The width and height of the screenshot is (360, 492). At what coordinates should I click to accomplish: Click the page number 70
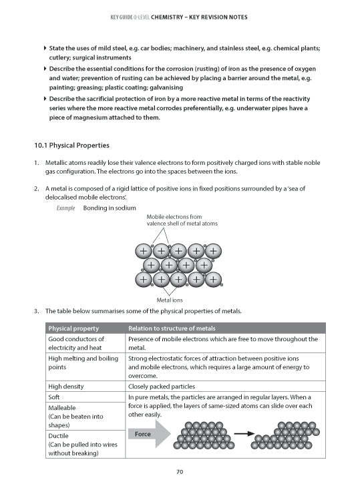pyautogui.click(x=180, y=472)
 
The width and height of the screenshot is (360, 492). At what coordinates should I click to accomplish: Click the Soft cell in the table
pyautogui.click(x=56, y=397)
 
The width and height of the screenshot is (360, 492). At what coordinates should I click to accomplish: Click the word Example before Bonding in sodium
pyautogui.click(x=64, y=208)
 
